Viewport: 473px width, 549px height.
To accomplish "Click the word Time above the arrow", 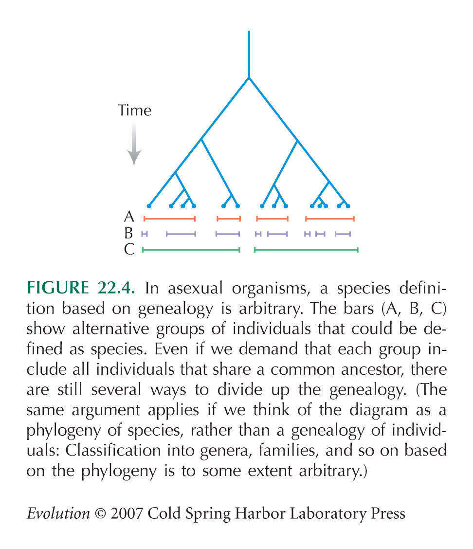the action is pyautogui.click(x=134, y=110).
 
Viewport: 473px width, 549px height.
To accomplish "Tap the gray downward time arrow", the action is pyautogui.click(x=134, y=144).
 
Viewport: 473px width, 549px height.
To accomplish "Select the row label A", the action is pyautogui.click(x=129, y=217).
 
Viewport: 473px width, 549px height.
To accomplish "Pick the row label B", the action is pyautogui.click(x=129, y=233).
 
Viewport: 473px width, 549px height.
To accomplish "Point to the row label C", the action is pyautogui.click(x=129, y=249).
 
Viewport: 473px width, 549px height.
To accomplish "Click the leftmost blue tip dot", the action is pyautogui.click(x=149, y=206).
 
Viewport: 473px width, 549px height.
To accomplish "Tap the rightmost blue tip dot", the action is pyautogui.click(x=348, y=206).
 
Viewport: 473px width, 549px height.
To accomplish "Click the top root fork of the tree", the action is pyautogui.click(x=249, y=78).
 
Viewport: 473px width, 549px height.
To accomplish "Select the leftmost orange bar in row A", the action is pyautogui.click(x=169, y=219).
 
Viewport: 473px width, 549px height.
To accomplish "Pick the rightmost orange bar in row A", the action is pyautogui.click(x=330, y=219).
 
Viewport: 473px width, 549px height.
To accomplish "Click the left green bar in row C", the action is pyautogui.click(x=191, y=250).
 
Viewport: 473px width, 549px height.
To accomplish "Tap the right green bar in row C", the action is pyautogui.click(x=307, y=250).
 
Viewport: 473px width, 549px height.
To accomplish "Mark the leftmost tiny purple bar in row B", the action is pyautogui.click(x=145, y=234).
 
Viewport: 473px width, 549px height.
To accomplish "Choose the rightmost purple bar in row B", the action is pyautogui.click(x=343, y=234).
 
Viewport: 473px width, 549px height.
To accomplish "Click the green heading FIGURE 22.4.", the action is pyautogui.click(x=81, y=288).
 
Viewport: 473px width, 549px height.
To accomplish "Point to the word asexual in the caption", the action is pyautogui.click(x=195, y=288).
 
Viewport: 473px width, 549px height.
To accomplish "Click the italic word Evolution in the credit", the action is pyautogui.click(x=58, y=513).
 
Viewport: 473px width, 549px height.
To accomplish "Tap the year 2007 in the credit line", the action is pyautogui.click(x=127, y=513).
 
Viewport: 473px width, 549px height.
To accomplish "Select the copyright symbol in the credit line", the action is pyautogui.click(x=100, y=514).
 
